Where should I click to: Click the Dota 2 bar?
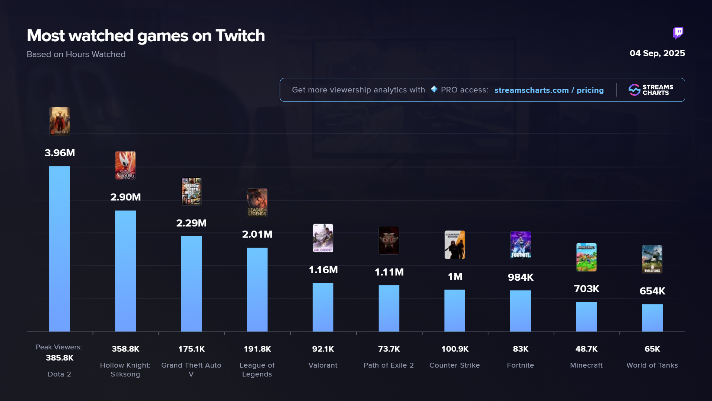click(59, 249)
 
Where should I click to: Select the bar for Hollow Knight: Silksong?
click(125, 271)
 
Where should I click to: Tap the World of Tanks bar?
click(652, 318)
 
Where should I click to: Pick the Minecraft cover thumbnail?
click(586, 257)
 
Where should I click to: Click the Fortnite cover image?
click(520, 245)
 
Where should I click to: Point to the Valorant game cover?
click(323, 238)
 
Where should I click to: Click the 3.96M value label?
click(60, 153)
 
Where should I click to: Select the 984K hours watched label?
click(520, 277)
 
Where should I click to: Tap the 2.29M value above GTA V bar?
click(191, 223)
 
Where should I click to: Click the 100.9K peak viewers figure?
click(455, 349)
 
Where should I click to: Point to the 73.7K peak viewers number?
click(389, 349)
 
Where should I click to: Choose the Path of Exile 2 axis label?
click(389, 365)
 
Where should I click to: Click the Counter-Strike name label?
click(455, 365)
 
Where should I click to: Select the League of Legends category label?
click(257, 370)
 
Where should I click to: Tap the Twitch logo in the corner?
click(678, 33)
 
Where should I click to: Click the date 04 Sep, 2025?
click(657, 53)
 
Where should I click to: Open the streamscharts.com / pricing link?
click(549, 90)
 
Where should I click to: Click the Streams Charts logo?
click(651, 90)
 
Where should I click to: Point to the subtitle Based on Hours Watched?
click(76, 55)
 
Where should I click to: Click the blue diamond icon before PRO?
click(434, 89)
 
